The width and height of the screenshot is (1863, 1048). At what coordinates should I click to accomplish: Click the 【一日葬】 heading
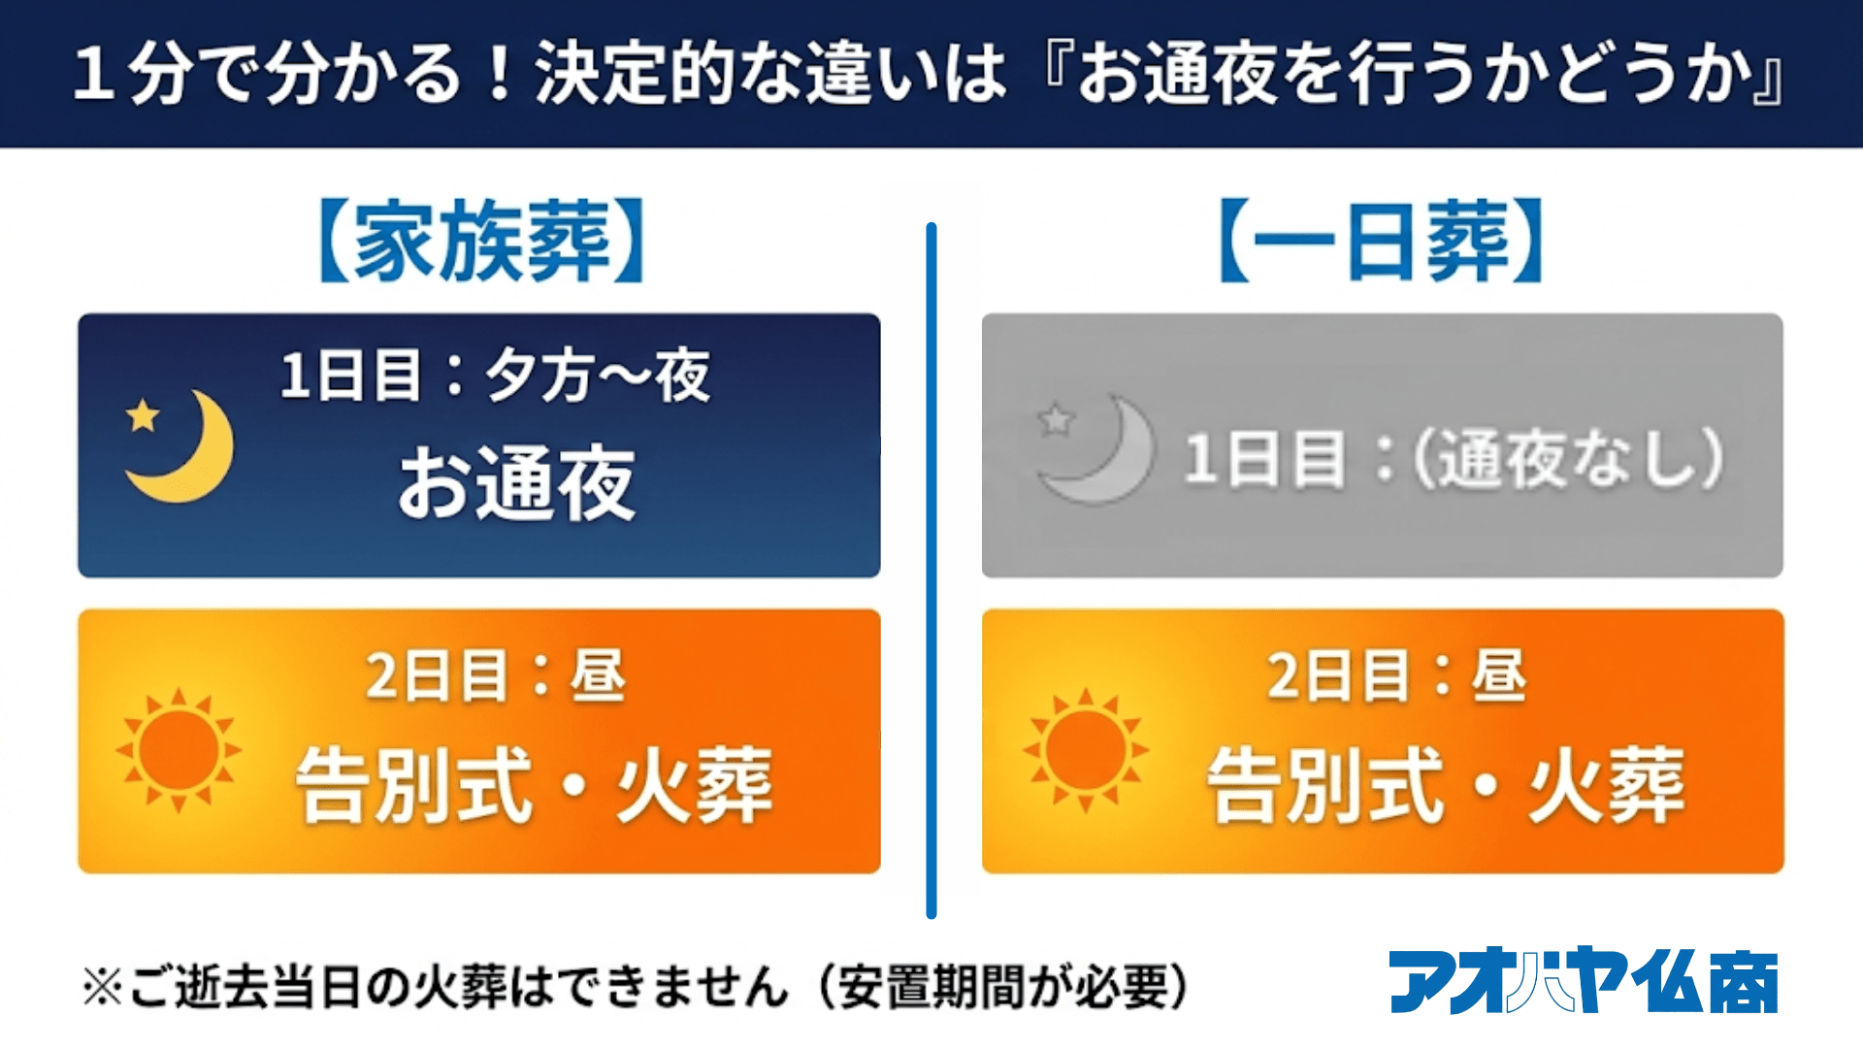pos(1381,241)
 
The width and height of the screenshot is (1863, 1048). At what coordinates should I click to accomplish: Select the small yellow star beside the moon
pos(143,415)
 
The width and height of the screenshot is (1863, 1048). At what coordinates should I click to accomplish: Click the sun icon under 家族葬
pos(179,750)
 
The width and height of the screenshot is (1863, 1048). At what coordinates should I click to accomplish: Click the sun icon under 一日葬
pos(1086,750)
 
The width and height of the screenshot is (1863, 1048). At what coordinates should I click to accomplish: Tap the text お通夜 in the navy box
pos(517,483)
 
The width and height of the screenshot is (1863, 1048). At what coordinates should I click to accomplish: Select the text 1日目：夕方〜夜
pos(495,376)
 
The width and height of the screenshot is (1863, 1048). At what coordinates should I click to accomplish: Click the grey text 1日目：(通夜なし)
pos(1454,457)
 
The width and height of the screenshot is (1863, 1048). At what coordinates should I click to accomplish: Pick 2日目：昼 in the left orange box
pos(495,675)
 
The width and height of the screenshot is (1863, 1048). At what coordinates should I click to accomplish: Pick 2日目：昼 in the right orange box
pos(1397,675)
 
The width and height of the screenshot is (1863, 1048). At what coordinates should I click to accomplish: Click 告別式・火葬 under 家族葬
pos(535,784)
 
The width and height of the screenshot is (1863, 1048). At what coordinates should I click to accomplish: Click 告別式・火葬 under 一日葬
pos(1446,784)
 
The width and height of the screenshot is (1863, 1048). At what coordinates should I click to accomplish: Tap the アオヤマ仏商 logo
pos(1584,981)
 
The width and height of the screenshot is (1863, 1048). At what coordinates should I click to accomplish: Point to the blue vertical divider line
pos(931,571)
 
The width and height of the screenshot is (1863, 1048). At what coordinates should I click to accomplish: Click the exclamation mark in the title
pos(501,74)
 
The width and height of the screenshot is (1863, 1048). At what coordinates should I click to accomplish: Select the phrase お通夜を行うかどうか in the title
pos(1413,74)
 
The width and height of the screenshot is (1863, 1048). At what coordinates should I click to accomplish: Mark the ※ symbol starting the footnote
pos(103,988)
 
